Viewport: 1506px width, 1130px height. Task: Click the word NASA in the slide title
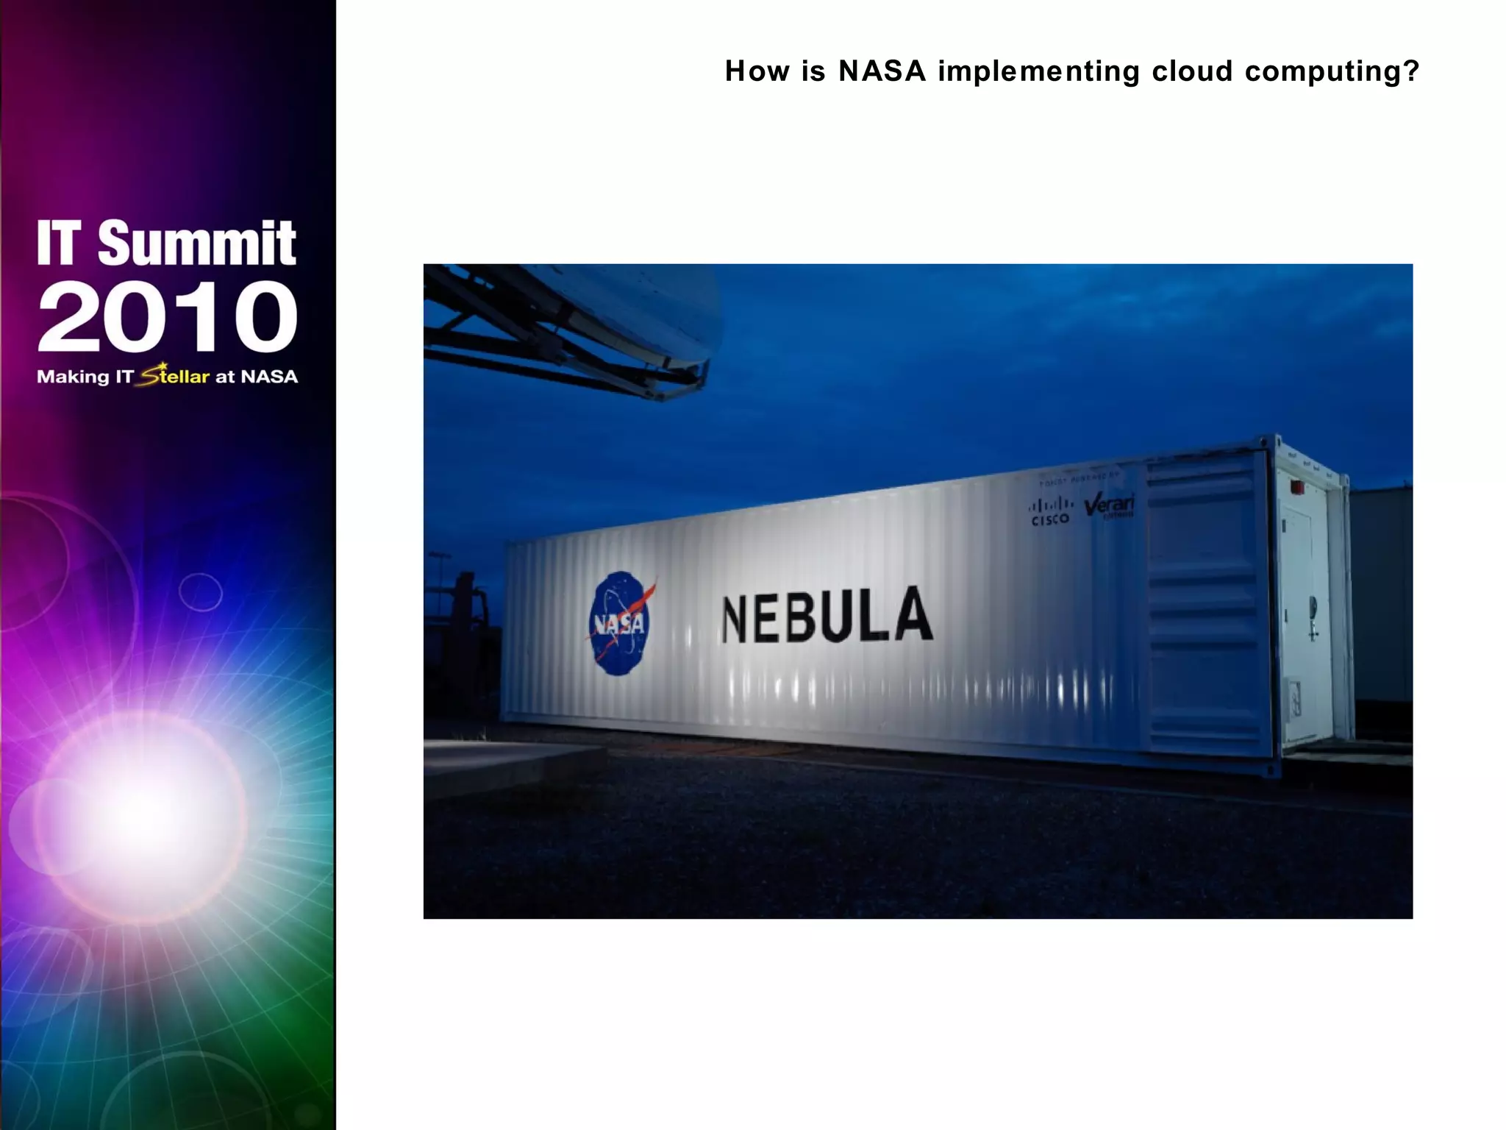882,71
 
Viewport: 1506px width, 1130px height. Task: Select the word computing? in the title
1332,72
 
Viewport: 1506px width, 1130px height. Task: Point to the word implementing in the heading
1038,72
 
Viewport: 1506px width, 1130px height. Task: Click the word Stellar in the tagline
176,376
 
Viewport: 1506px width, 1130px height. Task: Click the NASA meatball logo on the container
619,624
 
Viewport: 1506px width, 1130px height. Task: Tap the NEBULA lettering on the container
827,616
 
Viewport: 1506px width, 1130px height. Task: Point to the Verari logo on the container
1110,506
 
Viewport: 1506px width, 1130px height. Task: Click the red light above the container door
1298,487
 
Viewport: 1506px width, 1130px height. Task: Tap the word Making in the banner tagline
73,377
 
